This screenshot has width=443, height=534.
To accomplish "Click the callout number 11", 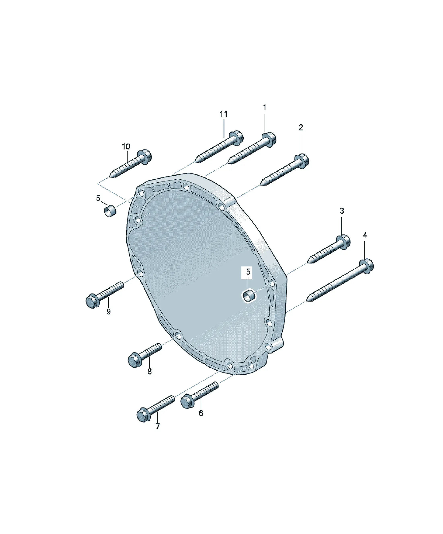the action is tap(224, 114).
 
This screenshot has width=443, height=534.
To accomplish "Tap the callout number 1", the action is tap(264, 107).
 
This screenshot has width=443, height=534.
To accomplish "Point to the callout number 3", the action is tap(342, 211).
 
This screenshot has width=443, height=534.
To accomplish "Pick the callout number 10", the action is tap(126, 146).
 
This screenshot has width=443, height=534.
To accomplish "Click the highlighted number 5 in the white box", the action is tap(248, 272).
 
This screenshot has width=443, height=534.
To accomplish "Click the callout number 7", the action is tap(158, 426).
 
